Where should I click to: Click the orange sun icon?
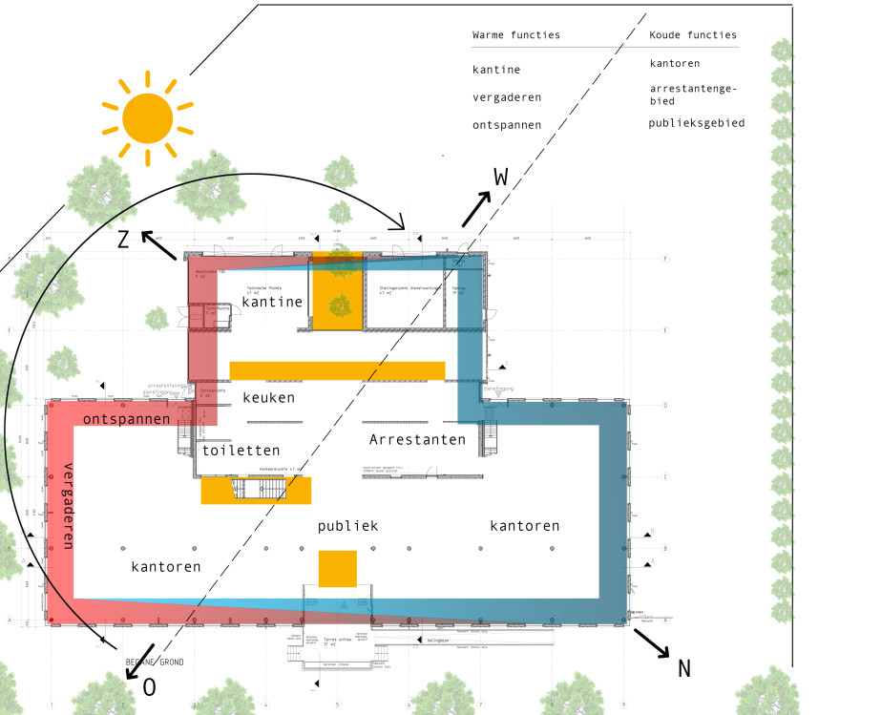148,116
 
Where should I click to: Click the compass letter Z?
123,242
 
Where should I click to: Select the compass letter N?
683,668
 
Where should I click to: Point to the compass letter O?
149,687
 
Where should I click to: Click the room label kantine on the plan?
272,302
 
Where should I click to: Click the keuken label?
268,397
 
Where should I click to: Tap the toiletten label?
241,450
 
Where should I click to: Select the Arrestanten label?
418,440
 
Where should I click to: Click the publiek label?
348,526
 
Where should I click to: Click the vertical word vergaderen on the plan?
68,505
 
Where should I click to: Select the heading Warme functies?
516,35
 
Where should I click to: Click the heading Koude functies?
693,35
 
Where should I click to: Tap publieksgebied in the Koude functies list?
697,123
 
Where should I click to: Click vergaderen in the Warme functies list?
507,97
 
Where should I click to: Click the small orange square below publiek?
338,569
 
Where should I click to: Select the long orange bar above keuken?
337,370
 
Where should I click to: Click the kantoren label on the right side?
524,526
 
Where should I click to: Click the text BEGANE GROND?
155,662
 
